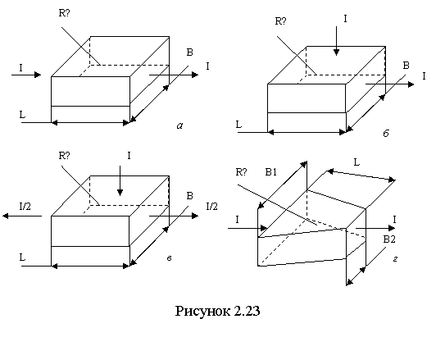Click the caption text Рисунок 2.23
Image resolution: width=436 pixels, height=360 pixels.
(217, 311)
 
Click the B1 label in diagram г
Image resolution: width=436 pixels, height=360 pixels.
(270, 172)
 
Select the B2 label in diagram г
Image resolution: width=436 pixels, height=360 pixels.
(389, 239)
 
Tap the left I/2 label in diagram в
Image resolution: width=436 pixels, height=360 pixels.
(25, 207)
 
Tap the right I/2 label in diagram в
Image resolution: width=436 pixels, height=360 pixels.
(212, 207)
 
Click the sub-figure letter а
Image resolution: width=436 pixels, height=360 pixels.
(180, 126)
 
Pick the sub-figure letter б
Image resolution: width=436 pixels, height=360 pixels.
(386, 134)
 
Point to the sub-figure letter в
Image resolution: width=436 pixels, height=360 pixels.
(169, 258)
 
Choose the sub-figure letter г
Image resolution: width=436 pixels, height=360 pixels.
(395, 259)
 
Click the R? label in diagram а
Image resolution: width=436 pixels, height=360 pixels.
(64, 13)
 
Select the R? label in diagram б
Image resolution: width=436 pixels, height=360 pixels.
(280, 21)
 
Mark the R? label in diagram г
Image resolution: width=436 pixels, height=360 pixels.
(241, 172)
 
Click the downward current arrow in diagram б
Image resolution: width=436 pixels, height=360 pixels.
(337, 41)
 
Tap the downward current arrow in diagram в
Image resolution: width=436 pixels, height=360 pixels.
(120, 181)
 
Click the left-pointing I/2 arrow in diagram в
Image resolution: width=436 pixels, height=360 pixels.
(22, 216)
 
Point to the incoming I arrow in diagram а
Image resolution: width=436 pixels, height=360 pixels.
(26, 75)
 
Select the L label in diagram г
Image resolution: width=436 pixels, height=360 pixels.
(357, 162)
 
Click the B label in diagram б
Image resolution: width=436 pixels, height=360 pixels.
(406, 66)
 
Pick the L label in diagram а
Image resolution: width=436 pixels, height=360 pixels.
(22, 114)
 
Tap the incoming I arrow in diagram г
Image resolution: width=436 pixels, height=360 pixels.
(248, 229)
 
